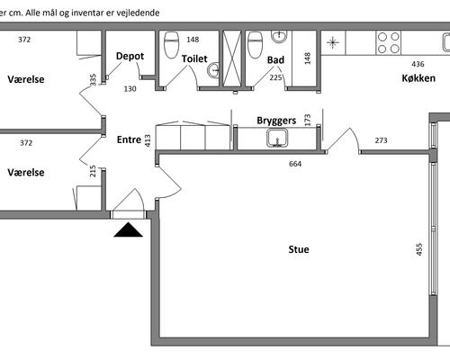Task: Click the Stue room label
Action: click(x=299, y=249)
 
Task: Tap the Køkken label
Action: click(x=418, y=78)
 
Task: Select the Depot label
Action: click(x=130, y=56)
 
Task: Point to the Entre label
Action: click(x=129, y=139)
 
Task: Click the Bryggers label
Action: click(x=276, y=121)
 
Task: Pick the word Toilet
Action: click(x=194, y=58)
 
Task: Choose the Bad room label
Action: click(x=275, y=60)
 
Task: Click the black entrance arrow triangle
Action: click(x=128, y=229)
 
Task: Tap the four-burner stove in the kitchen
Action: click(x=389, y=42)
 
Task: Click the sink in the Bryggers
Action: click(x=277, y=138)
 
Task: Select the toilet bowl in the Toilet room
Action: click(x=172, y=44)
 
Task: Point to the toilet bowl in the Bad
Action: click(x=256, y=45)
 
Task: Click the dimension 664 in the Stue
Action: click(x=295, y=164)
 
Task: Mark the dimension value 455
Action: click(x=419, y=249)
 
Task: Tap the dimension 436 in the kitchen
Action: click(x=418, y=64)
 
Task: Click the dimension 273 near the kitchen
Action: click(x=381, y=140)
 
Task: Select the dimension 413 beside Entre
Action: click(x=148, y=140)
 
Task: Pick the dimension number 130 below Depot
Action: click(x=130, y=89)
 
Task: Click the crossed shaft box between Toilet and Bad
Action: click(x=232, y=58)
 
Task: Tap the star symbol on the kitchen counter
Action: click(x=333, y=42)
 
